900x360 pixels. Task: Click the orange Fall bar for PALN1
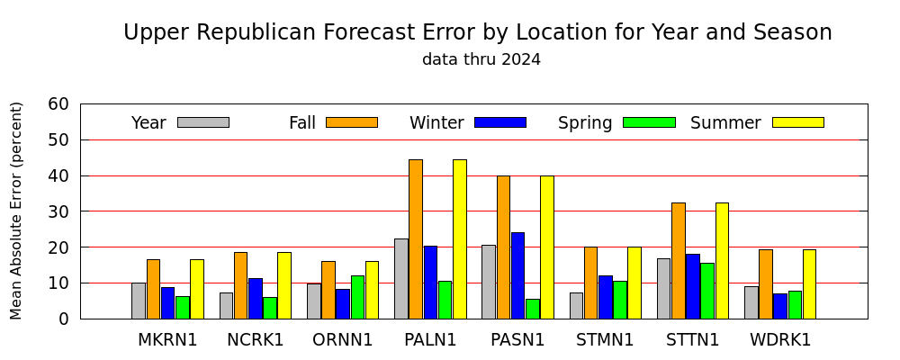(x=416, y=238)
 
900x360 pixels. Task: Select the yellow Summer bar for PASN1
(x=547, y=247)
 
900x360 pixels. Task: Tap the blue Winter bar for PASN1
(x=517, y=275)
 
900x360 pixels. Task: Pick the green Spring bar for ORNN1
(x=357, y=297)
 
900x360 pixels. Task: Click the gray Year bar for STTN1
(x=663, y=288)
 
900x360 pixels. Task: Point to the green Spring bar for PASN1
(x=533, y=309)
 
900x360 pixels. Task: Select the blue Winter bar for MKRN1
(x=167, y=303)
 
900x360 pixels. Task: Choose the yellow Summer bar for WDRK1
(x=809, y=284)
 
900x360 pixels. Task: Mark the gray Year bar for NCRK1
(x=226, y=305)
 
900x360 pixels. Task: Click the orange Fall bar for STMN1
(x=591, y=283)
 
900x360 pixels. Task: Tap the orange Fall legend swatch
(x=352, y=122)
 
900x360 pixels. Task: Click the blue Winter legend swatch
(x=500, y=122)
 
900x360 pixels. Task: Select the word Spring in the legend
(x=585, y=123)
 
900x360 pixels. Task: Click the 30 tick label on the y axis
(x=59, y=211)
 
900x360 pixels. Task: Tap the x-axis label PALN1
(x=430, y=340)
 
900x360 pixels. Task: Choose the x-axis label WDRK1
(x=780, y=340)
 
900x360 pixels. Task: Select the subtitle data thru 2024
(x=481, y=59)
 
